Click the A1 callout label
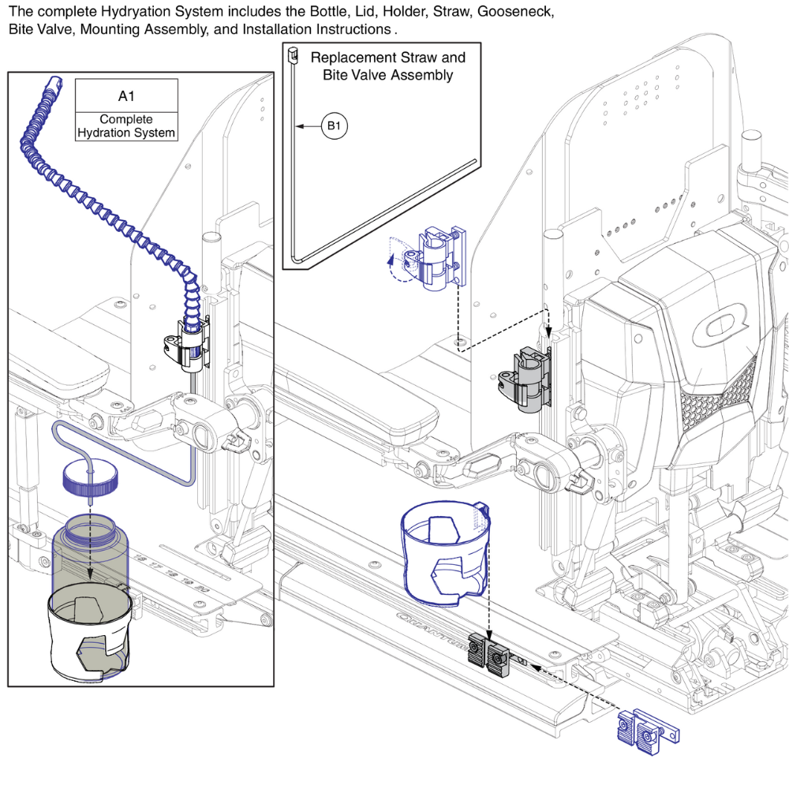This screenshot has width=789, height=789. tap(126, 95)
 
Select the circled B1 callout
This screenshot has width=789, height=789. tap(334, 125)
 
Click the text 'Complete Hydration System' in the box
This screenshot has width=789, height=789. tap(126, 126)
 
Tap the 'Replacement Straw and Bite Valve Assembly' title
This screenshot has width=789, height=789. tap(387, 66)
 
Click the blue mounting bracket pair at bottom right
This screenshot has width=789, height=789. tap(646, 727)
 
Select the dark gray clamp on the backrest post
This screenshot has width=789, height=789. tap(525, 379)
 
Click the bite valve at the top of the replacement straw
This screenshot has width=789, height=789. tap(291, 55)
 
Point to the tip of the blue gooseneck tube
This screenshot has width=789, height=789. tap(54, 81)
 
